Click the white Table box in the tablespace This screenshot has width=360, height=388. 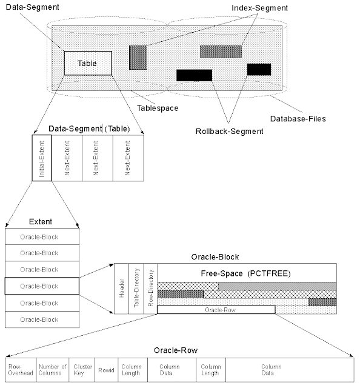pos(88,63)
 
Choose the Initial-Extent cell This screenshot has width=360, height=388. pos(41,158)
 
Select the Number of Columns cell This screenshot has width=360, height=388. pos(52,369)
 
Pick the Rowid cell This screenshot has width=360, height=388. pos(105,369)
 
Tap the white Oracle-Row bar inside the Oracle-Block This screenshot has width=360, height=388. pos(216,310)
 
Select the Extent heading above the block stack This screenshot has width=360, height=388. pos(41,222)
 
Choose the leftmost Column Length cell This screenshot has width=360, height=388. pos(131,369)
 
